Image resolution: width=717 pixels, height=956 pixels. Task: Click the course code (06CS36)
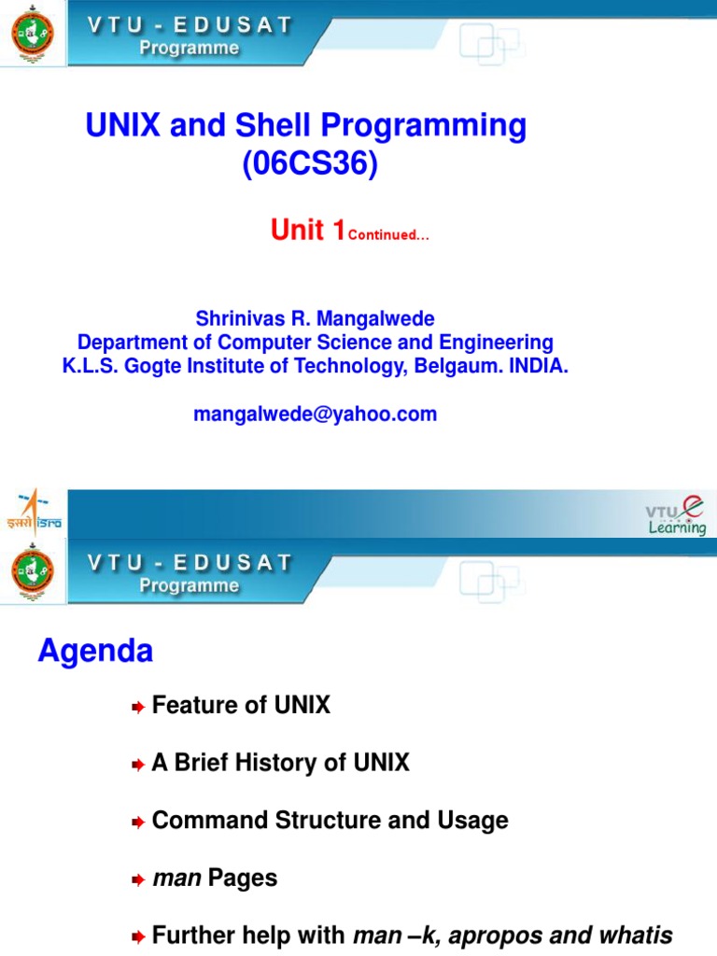310,164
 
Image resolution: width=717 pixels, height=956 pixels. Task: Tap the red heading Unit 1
308,230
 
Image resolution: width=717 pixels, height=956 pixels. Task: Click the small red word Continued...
387,235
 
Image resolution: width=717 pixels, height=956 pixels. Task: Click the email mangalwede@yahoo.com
315,414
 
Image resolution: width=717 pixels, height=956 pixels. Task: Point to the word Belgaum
455,366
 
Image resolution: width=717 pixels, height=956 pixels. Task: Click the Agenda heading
95,651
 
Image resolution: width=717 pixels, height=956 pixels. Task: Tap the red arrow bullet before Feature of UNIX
137,708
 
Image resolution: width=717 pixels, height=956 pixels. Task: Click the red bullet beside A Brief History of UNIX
137,766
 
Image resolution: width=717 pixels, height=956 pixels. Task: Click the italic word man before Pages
176,879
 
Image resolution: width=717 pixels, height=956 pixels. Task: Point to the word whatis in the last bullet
638,935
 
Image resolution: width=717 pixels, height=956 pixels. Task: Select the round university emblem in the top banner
32,34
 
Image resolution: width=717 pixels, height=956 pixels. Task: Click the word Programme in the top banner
190,49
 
